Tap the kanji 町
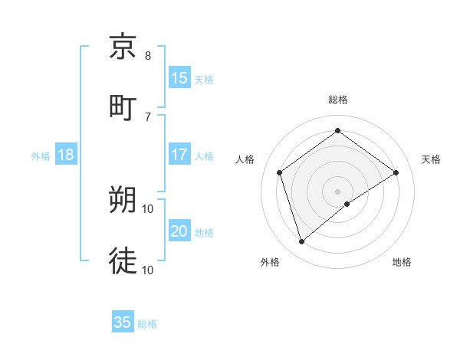point(123,106)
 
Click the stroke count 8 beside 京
point(148,56)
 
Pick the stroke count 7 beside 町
point(148,116)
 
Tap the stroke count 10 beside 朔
point(148,208)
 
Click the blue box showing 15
point(179,78)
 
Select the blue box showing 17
point(179,155)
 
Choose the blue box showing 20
point(179,231)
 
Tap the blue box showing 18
point(66,155)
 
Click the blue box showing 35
point(123,322)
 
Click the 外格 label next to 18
point(41,155)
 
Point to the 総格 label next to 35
point(147,324)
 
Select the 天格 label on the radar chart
point(431,159)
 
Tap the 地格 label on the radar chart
point(402,262)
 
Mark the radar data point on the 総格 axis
point(337,131)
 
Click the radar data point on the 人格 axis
point(280,172)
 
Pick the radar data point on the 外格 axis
point(301,242)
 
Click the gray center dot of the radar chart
point(337,191)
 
